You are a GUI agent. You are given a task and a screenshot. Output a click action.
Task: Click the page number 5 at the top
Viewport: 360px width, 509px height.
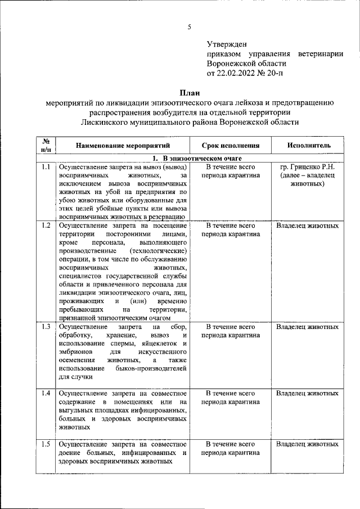190,27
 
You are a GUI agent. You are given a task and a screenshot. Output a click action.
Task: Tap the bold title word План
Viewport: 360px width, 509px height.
190,92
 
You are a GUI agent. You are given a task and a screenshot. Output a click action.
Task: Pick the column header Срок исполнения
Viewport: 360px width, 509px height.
231,145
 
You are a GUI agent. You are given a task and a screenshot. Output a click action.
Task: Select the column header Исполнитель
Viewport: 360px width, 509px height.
309,145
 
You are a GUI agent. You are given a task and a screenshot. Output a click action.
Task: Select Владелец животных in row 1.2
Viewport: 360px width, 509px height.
308,226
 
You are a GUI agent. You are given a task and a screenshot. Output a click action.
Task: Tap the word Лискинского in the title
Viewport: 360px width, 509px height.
111,121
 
